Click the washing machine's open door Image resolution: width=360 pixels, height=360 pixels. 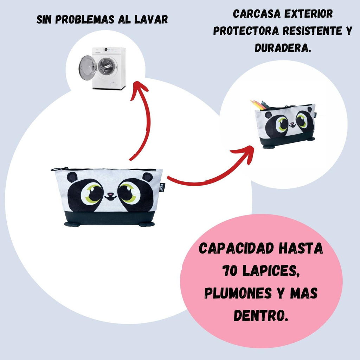click(x=87, y=68)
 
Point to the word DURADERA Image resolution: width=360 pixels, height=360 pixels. click(x=283, y=48)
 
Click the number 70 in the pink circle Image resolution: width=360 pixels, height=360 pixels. click(x=230, y=271)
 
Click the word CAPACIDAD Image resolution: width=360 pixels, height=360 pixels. click(x=237, y=249)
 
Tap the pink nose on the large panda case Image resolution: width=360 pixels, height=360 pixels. click(x=110, y=194)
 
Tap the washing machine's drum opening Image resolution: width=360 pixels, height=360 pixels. click(x=106, y=66)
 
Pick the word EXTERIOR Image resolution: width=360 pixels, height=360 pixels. click(x=309, y=14)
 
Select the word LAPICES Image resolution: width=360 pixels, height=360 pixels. click(x=271, y=271)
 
